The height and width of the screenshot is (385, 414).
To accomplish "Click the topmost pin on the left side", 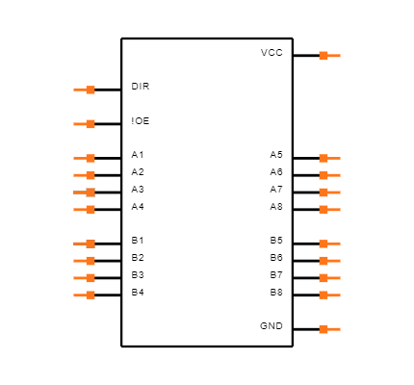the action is [86, 90].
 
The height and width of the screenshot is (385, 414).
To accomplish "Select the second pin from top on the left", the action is [86, 124].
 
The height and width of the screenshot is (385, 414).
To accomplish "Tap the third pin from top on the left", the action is [86, 159].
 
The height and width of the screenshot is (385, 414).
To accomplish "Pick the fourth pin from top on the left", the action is [86, 175].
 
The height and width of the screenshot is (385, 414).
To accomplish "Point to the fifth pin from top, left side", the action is [86, 192].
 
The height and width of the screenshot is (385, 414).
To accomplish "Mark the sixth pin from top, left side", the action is [86, 209].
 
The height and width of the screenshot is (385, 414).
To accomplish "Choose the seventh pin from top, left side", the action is [86, 244].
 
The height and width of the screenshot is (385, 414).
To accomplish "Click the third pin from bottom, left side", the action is [86, 261].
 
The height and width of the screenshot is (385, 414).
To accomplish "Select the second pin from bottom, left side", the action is [86, 278].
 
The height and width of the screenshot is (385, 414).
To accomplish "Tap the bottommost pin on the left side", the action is [86, 295].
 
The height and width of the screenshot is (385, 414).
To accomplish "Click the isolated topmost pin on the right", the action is [328, 56].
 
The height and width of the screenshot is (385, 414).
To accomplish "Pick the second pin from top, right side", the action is [328, 159].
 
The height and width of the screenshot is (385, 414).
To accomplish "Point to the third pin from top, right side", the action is [328, 175].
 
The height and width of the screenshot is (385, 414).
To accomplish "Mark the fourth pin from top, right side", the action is [328, 192].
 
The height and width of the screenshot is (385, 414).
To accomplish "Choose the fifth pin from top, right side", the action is [328, 209].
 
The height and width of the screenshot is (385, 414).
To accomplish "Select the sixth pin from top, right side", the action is [328, 244].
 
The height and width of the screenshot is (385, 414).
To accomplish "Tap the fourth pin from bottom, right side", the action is [328, 261].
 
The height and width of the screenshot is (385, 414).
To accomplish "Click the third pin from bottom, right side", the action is [328, 278].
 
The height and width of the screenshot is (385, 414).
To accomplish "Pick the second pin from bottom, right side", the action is [328, 295].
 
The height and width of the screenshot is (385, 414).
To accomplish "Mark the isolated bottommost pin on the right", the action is [328, 329].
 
